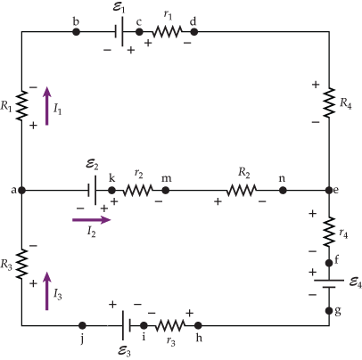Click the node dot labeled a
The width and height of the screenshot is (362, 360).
(21, 190)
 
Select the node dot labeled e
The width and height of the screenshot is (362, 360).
(328, 190)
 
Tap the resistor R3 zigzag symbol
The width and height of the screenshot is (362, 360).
(21, 264)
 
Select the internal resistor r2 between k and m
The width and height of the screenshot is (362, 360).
(137, 190)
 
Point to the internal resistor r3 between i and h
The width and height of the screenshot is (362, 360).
(169, 326)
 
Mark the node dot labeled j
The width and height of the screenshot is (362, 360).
(82, 326)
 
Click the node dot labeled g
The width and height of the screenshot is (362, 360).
(328, 310)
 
